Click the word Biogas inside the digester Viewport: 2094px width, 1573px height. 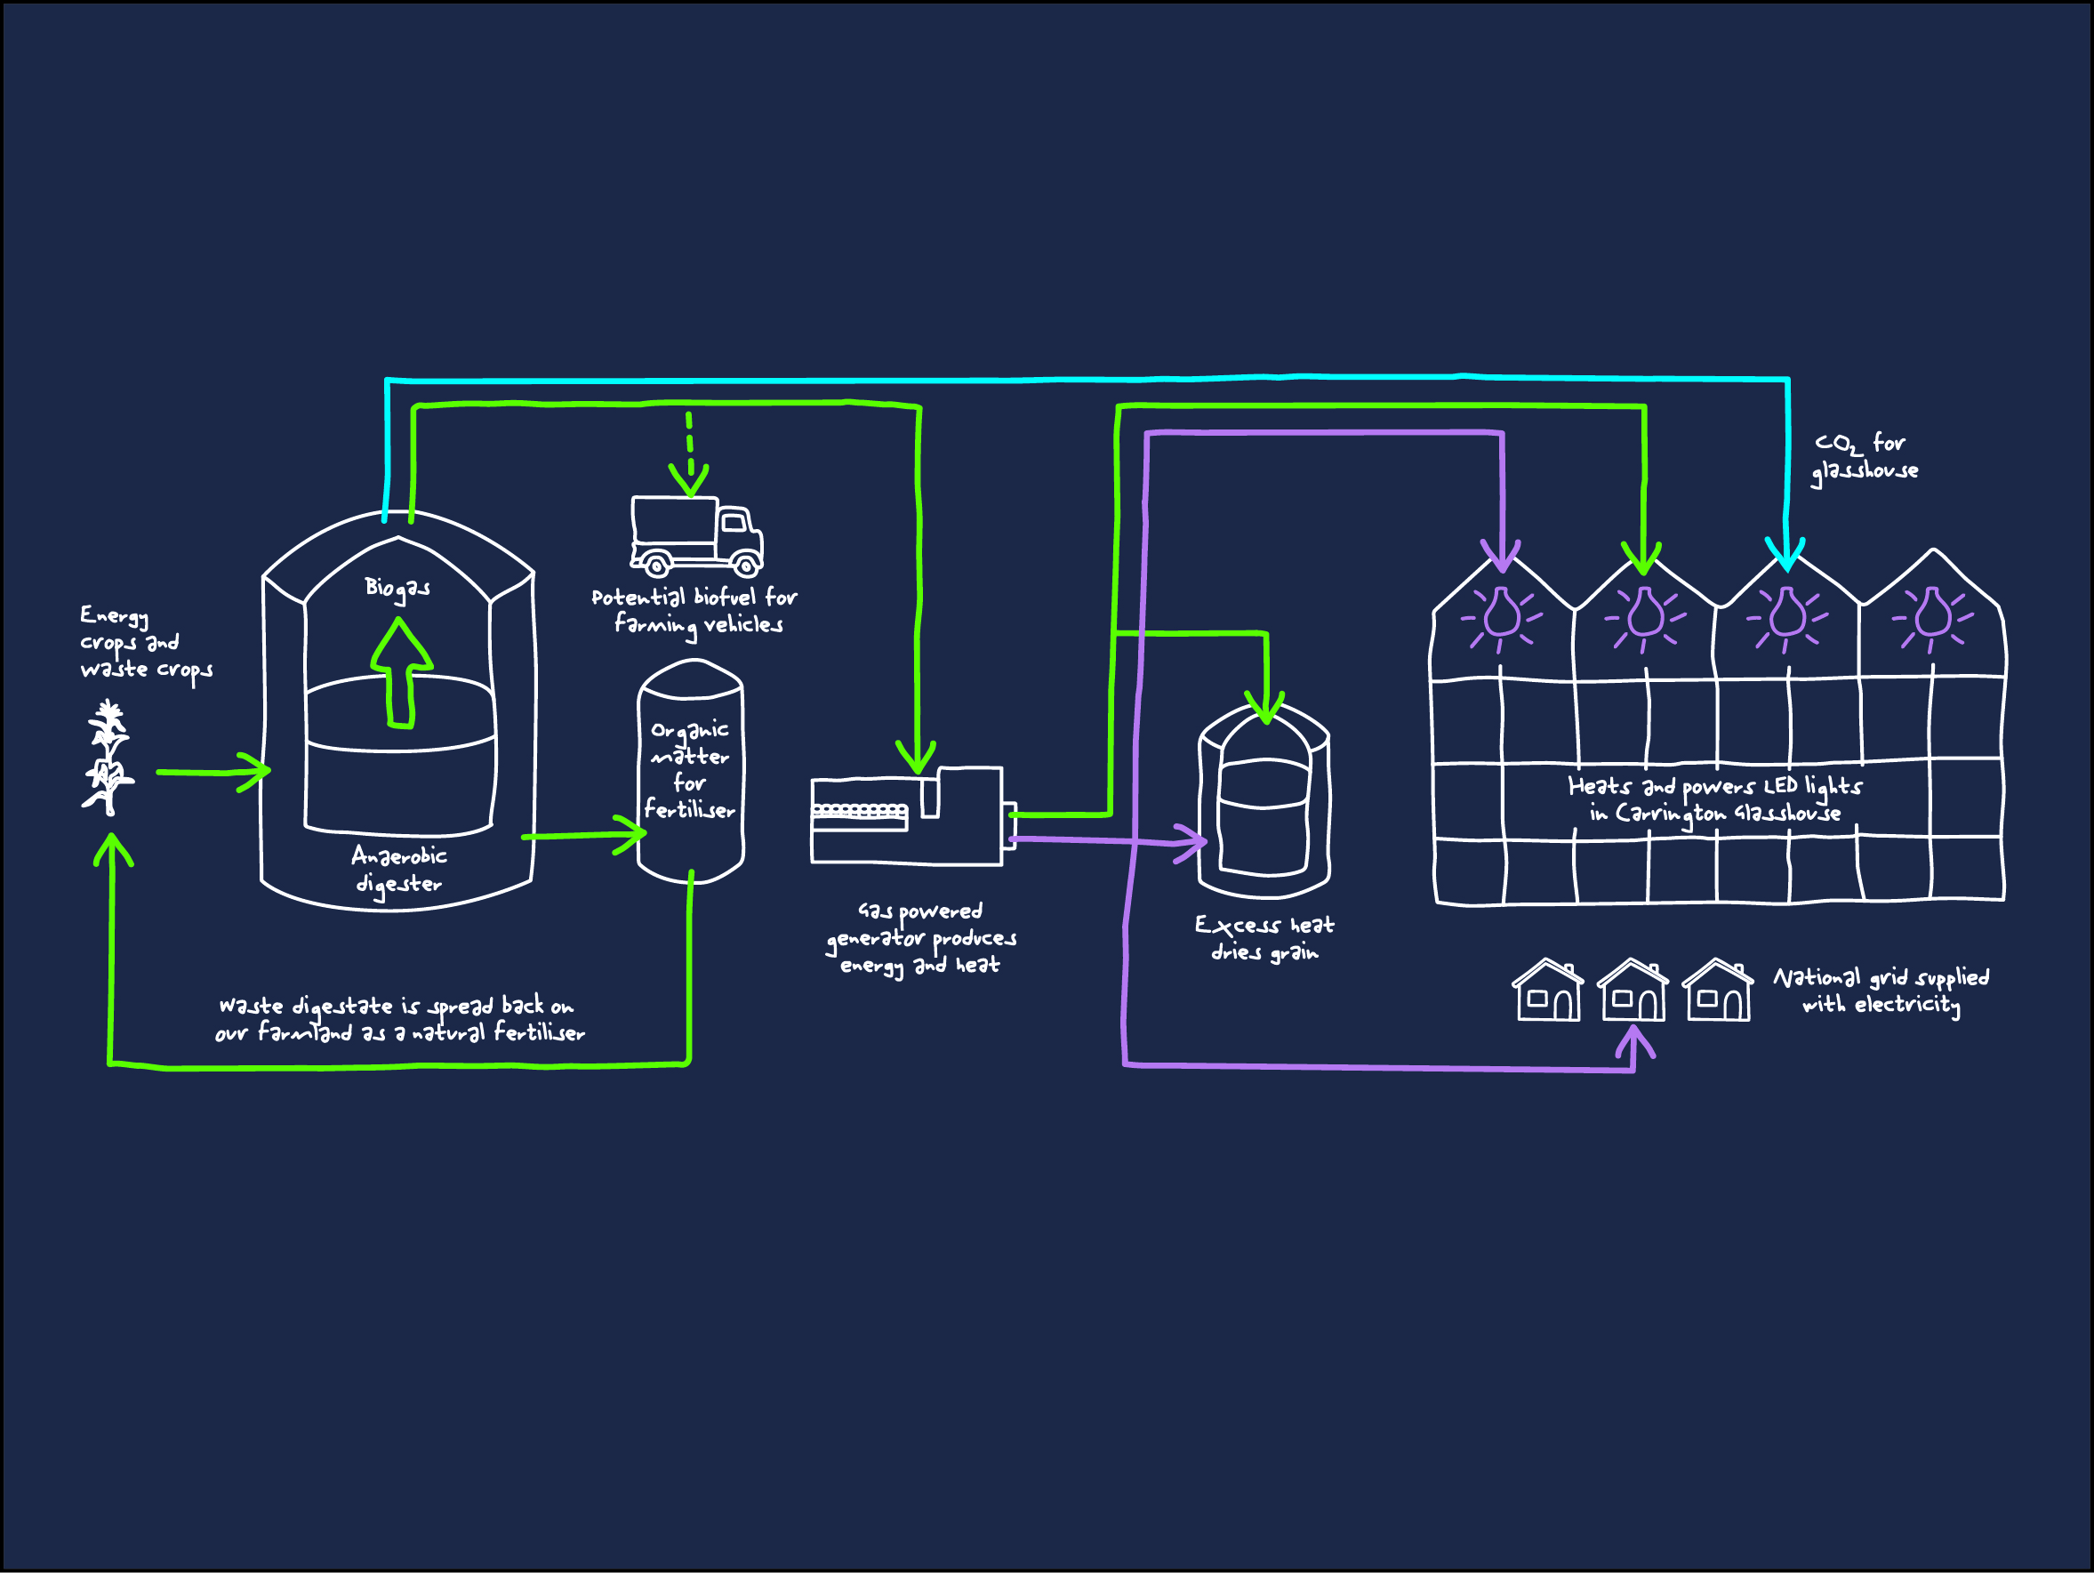click(397, 589)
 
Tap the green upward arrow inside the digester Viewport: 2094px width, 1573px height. click(401, 673)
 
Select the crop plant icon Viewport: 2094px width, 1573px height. click(108, 758)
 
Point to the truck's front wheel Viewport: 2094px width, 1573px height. click(746, 566)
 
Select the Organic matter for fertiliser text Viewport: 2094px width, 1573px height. click(690, 769)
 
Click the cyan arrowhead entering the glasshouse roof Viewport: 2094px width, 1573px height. click(1785, 556)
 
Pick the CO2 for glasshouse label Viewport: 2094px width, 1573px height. click(1865, 456)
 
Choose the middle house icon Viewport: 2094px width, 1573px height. click(1633, 991)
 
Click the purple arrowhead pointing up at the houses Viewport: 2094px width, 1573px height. click(1634, 1041)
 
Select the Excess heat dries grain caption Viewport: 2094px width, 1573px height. click(1264, 938)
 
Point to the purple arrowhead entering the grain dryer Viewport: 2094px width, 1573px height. click(1192, 841)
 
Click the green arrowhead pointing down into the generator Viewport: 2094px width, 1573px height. click(917, 759)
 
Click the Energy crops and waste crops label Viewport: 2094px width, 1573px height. click(145, 643)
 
